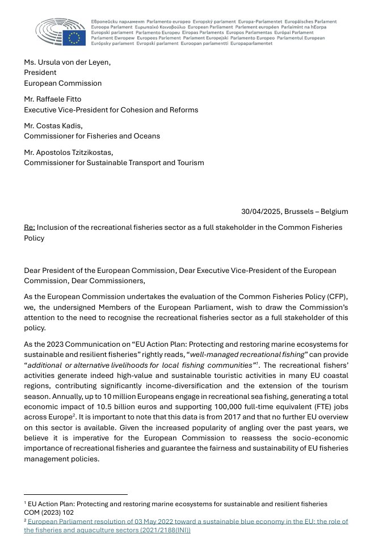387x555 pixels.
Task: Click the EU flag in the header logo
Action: point(74,37)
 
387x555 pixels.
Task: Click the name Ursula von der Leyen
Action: point(74,62)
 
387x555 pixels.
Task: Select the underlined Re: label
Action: point(30,228)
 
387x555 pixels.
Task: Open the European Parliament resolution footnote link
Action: point(187,522)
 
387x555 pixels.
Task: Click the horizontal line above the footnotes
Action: point(75,494)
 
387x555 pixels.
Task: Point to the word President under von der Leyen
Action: point(40,73)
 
